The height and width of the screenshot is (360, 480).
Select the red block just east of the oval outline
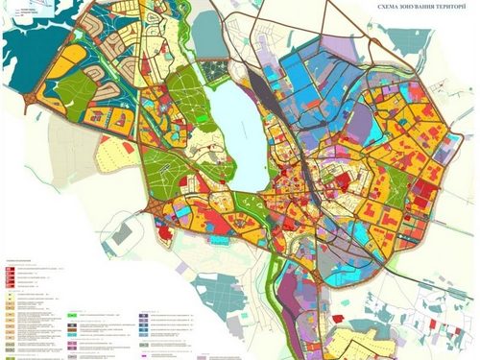[x=164, y=231]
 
